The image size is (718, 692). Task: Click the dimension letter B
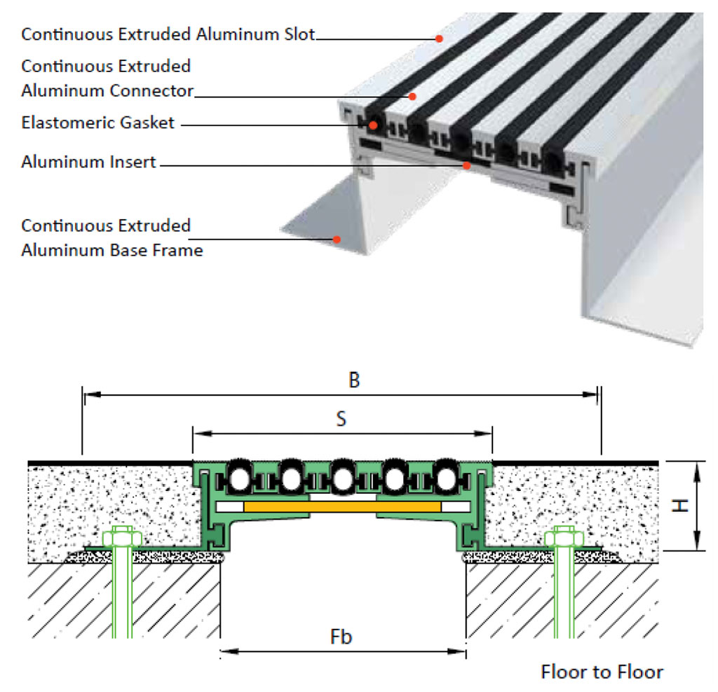tap(354, 380)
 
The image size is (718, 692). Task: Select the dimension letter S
tap(341, 418)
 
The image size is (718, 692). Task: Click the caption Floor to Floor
tap(602, 672)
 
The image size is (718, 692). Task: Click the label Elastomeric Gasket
tap(97, 123)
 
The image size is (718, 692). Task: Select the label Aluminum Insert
tap(89, 162)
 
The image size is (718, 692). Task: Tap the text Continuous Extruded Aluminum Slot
tap(168, 34)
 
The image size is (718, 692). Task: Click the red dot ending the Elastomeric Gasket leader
tap(374, 125)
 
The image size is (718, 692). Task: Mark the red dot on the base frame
tap(337, 239)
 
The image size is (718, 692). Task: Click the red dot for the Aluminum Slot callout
tap(440, 39)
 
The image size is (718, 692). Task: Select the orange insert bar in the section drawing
tap(341, 506)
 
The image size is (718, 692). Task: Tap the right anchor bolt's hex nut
tap(565, 539)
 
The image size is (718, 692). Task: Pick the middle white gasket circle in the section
tap(342, 478)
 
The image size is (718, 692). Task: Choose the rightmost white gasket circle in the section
tap(445, 478)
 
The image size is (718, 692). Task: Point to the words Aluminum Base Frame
tap(112, 250)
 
